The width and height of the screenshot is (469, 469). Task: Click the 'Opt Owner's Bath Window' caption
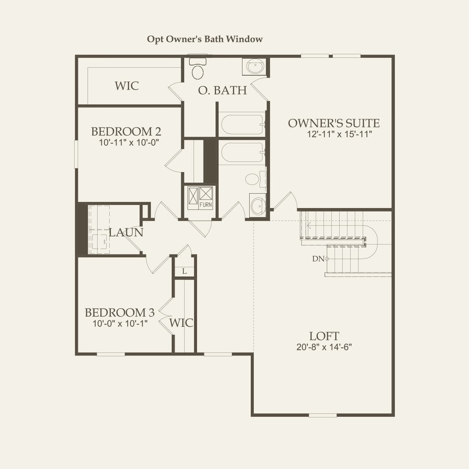[x=205, y=39]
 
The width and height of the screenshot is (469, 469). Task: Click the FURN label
[x=206, y=205]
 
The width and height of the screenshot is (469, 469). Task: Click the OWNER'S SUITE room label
[x=334, y=123]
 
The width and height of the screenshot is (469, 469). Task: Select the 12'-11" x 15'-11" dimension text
[x=339, y=134]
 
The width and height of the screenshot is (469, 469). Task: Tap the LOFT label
[x=324, y=336]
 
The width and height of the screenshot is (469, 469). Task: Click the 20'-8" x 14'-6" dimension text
[x=324, y=347]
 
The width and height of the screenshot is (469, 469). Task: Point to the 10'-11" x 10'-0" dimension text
[x=129, y=143]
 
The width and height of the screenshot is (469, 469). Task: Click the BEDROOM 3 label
[x=120, y=312]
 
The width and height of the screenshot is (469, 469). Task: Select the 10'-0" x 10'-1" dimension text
[x=120, y=323]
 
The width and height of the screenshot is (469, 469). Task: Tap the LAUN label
[x=126, y=232]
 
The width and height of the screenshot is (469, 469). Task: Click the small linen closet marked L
[x=184, y=271]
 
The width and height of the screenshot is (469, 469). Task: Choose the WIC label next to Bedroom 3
[x=181, y=323]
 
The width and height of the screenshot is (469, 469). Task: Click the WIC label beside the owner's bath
[x=127, y=85]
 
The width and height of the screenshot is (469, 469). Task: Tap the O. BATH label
[x=222, y=90]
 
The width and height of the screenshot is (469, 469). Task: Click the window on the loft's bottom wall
[x=323, y=415]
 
